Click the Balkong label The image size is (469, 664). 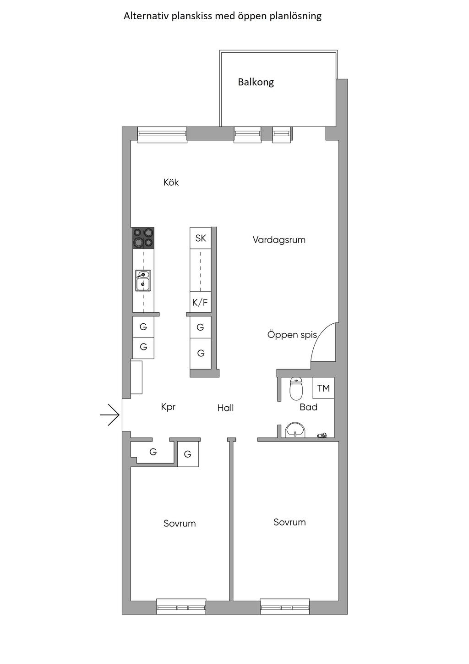coord(256,83)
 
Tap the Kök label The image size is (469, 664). coord(171,183)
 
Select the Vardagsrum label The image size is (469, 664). coord(278,240)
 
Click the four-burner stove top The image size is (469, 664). coord(143,238)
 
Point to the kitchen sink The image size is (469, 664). coord(143,281)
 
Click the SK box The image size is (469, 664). coord(201,238)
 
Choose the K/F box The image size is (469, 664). coord(200,302)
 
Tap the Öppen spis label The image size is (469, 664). coord(292,335)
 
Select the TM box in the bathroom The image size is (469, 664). coord(323,388)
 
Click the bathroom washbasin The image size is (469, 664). coord(295,430)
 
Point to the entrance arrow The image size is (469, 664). coord(110,415)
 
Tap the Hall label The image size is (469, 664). coord(225,408)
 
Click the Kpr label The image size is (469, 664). coord(168,407)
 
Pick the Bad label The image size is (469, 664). coord(308,407)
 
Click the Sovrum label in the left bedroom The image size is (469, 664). coord(180,523)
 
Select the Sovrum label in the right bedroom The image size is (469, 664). coord(289,522)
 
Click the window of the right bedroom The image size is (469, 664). coord(285,607)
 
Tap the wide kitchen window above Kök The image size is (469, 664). coord(162,134)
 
